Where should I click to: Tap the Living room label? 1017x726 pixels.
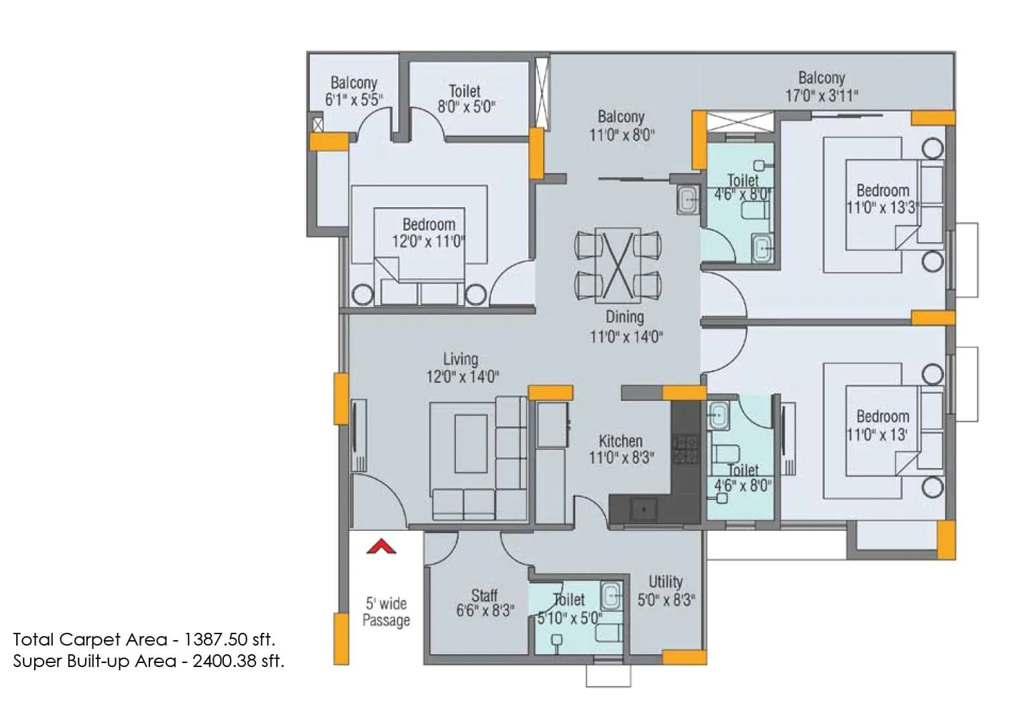[x=461, y=359]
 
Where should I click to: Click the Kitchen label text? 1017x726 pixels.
[x=620, y=441]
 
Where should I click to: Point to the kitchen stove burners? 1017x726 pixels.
[x=684, y=449]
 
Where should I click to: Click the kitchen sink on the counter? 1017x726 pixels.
[x=644, y=509]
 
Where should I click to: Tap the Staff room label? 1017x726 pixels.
[x=484, y=595]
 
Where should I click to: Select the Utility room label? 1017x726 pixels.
[x=665, y=581]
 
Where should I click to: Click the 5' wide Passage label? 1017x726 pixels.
[x=386, y=611]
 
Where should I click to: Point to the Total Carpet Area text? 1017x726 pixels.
[x=143, y=639]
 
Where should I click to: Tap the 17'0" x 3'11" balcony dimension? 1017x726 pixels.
[x=821, y=96]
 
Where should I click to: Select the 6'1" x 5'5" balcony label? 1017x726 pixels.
[x=354, y=100]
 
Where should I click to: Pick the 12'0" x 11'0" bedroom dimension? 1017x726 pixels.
[x=428, y=241]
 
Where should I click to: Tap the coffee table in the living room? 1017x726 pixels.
[x=471, y=444]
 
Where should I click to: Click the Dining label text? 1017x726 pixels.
[x=625, y=316]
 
